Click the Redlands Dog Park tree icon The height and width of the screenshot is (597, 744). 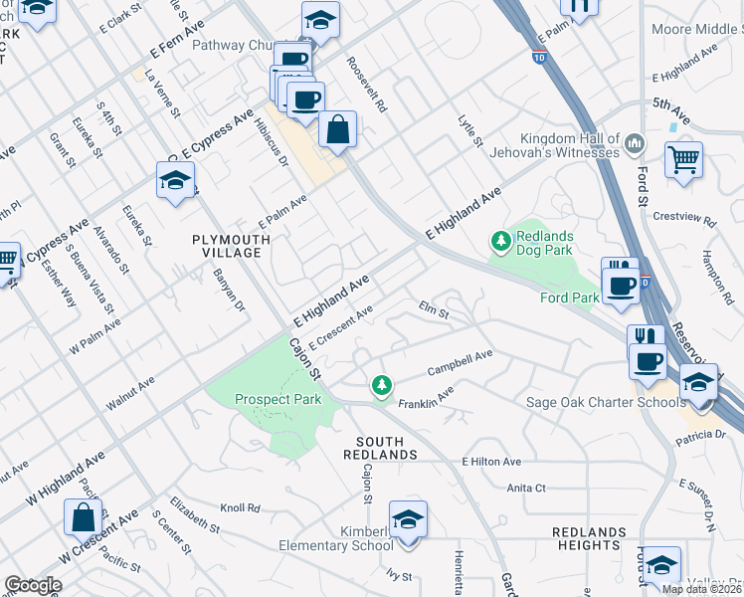501,240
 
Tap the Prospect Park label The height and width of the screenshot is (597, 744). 278,399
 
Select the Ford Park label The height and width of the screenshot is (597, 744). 569,297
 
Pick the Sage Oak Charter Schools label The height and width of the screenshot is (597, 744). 606,402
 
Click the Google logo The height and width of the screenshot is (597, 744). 32,585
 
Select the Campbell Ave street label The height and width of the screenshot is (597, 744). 460,362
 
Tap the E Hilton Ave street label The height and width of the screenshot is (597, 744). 491,462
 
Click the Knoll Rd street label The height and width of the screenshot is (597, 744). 240,507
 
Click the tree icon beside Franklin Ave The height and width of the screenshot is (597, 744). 380,385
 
